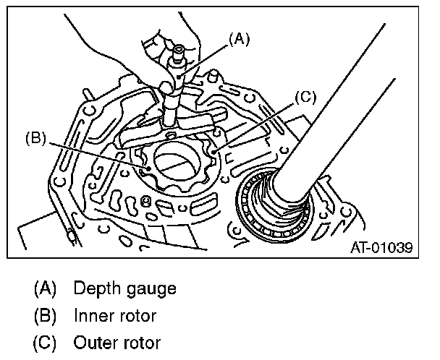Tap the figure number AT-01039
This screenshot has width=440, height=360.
click(x=381, y=248)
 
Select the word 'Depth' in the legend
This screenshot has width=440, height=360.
click(x=96, y=288)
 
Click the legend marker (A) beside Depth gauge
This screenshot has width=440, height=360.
click(x=46, y=288)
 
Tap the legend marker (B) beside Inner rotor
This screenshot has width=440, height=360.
click(x=46, y=315)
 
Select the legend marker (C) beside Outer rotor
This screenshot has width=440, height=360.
click(x=46, y=342)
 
